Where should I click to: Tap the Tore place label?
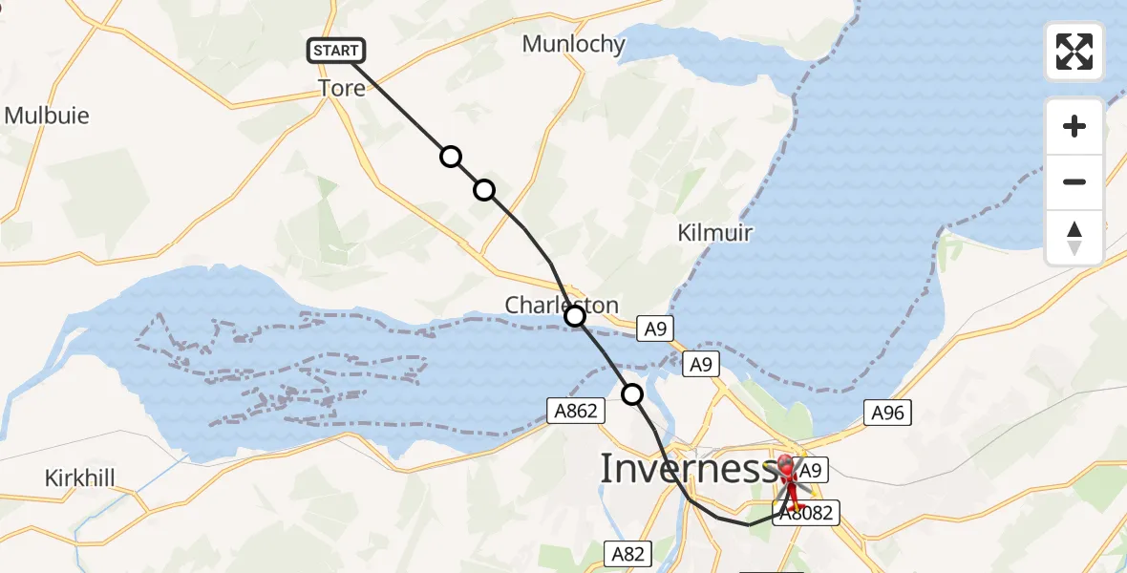coord(342,88)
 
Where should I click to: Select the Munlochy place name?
coord(573,44)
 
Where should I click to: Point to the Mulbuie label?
coord(47,116)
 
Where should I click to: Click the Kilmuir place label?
coord(715,232)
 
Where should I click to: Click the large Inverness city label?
coord(687,469)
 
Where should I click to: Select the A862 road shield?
coord(576,411)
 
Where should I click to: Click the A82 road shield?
coord(628,553)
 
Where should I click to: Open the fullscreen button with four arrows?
coord(1074,52)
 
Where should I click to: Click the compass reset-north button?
coord(1074,238)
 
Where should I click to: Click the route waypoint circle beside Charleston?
coord(575,316)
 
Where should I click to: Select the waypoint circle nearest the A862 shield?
coord(632,393)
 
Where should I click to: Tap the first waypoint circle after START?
coord(450,157)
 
